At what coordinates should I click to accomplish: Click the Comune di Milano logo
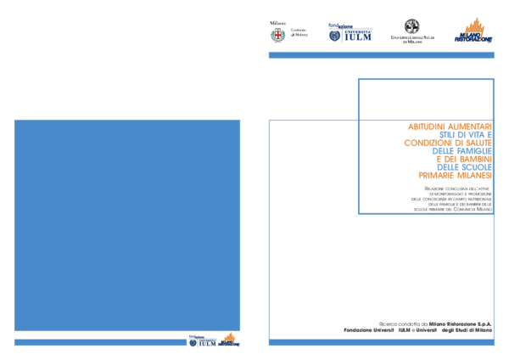[x=288, y=31]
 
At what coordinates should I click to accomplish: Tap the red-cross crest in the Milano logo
[x=277, y=35]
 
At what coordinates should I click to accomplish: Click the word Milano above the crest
[x=277, y=23]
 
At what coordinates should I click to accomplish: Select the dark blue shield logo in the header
[x=350, y=32]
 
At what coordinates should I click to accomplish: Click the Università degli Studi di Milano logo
[x=412, y=31]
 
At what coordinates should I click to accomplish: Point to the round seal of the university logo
[x=412, y=25]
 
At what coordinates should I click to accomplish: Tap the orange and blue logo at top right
[x=473, y=31]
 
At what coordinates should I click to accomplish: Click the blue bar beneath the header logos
[x=381, y=55]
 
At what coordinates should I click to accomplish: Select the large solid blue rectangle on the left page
[x=127, y=225]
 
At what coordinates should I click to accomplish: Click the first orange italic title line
[x=449, y=127]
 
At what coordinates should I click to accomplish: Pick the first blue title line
[x=464, y=134]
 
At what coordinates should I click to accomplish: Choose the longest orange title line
[x=447, y=143]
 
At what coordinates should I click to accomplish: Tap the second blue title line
[x=461, y=151]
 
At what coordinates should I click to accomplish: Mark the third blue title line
[x=463, y=159]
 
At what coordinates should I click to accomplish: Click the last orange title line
[x=454, y=175]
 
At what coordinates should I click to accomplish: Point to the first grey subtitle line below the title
[x=457, y=188]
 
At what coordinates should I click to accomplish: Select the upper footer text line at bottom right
[x=434, y=323]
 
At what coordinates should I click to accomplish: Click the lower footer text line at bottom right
[x=417, y=330]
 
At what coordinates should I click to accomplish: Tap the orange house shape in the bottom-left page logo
[x=229, y=337]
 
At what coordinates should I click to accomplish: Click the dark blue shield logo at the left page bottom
[x=204, y=341]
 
